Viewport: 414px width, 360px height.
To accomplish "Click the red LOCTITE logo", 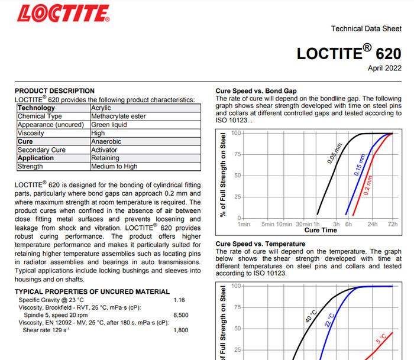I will point(63,12).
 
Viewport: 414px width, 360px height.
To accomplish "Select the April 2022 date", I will point(384,69).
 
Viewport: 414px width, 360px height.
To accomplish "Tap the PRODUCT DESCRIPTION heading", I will point(54,91).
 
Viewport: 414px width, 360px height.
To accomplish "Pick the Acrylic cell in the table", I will point(101,108).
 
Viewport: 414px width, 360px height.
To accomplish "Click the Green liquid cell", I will point(109,125).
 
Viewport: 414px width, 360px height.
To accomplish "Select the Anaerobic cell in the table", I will point(106,142).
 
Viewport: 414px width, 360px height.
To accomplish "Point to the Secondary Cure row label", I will point(41,150).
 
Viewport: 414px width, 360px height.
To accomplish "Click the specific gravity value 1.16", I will point(179,300).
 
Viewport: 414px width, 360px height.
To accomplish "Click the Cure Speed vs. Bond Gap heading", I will point(256,91).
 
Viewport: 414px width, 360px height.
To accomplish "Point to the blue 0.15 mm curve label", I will point(360,164).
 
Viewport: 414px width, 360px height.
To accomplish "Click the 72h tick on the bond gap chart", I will point(393,225).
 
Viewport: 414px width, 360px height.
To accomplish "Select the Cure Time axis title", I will point(321,231).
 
